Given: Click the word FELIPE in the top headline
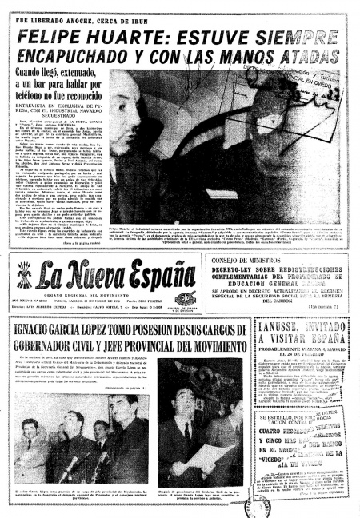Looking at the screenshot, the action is coord(54,38).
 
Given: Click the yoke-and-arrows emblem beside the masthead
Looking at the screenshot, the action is coord(24,276).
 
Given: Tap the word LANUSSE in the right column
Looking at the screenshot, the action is coord(280,326).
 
